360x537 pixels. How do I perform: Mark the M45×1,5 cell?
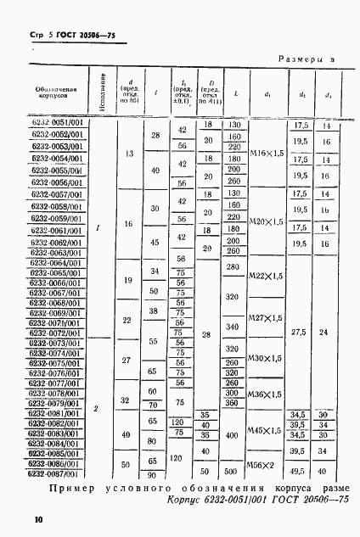264,430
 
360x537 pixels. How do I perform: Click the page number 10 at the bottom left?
38,518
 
